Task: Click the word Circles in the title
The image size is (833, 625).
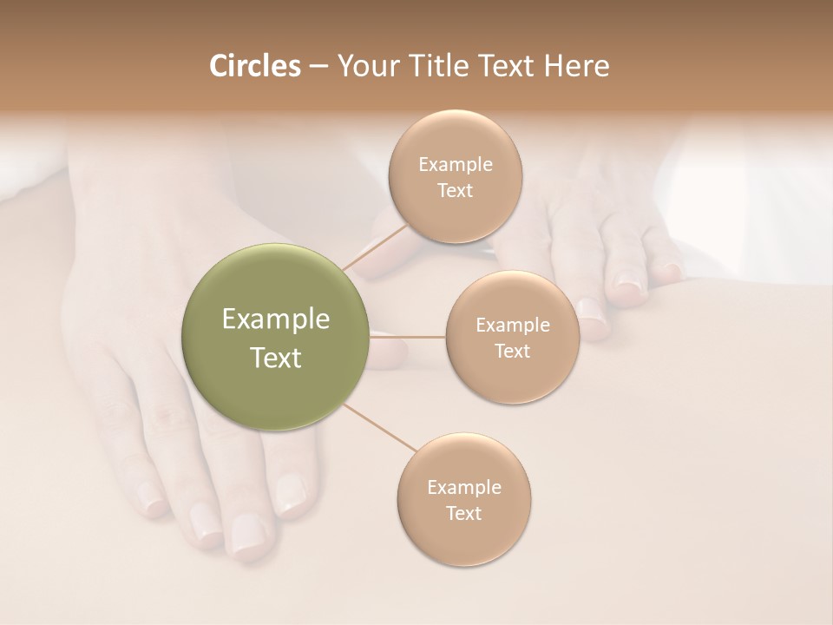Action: [x=254, y=66]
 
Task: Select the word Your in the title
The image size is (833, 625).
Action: [x=366, y=66]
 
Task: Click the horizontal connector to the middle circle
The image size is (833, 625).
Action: [x=408, y=337]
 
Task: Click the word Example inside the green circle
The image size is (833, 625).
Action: [x=276, y=319]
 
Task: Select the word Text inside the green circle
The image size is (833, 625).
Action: [x=276, y=358]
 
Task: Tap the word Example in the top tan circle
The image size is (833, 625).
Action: [x=456, y=165]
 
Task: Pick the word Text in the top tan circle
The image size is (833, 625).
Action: [x=456, y=191]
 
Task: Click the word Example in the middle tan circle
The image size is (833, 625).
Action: [x=513, y=326]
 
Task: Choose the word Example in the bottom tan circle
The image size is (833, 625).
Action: [x=464, y=488]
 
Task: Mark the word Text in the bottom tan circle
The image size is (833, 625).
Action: [x=464, y=514]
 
